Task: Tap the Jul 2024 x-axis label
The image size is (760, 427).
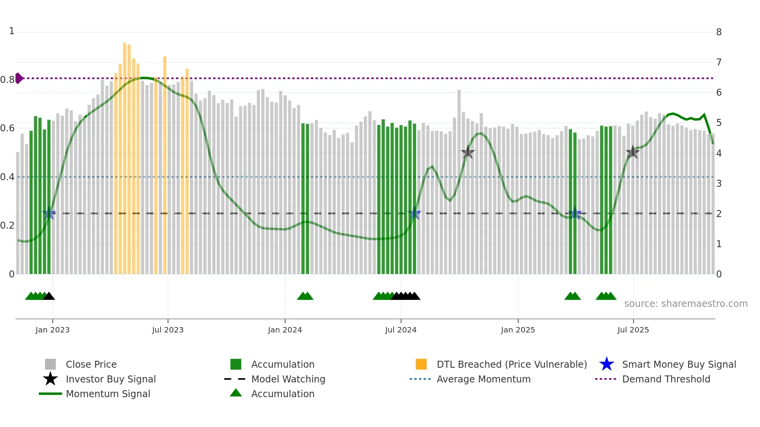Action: [401, 330]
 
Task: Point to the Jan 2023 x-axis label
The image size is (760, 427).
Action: [52, 330]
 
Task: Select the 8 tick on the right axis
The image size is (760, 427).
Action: [719, 32]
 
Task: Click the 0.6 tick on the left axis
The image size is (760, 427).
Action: [7, 128]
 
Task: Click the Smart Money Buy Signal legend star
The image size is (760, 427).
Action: [606, 364]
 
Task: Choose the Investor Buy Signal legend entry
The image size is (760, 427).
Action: [111, 379]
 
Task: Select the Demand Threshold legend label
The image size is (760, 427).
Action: [666, 379]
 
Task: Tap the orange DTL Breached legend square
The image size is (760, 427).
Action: [421, 364]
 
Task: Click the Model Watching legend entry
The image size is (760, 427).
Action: [288, 379]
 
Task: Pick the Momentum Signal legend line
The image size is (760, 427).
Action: [50, 394]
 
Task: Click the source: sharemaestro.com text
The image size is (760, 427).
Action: [686, 304]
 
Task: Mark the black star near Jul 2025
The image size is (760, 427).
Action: [632, 152]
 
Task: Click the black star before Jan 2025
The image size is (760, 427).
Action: [468, 152]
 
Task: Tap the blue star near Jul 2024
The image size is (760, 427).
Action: [415, 213]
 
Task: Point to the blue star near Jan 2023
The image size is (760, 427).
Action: [49, 213]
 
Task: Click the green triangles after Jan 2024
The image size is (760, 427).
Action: [305, 296]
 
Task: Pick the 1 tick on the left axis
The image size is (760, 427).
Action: [12, 31]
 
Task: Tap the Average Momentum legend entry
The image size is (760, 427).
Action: [483, 379]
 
